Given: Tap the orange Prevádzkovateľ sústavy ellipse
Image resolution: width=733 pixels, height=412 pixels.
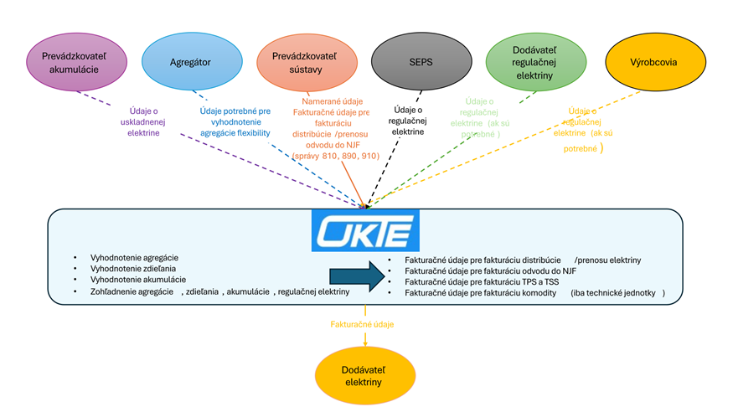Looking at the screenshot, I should point(307,62).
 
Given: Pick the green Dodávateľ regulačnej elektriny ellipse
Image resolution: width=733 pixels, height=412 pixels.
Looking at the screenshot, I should point(536,62).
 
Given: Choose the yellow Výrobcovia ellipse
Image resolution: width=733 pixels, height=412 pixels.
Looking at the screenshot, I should point(653,62).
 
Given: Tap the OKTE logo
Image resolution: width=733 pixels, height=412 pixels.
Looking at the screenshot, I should point(365,230).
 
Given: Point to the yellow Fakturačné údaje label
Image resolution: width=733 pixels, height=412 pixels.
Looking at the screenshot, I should point(361,324).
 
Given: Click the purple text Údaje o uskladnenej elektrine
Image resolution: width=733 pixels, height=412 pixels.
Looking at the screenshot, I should point(143,121).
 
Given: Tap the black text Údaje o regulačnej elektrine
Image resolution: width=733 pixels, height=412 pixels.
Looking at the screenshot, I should point(409,120).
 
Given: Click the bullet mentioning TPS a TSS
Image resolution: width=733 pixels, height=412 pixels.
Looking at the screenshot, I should point(483,282).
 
